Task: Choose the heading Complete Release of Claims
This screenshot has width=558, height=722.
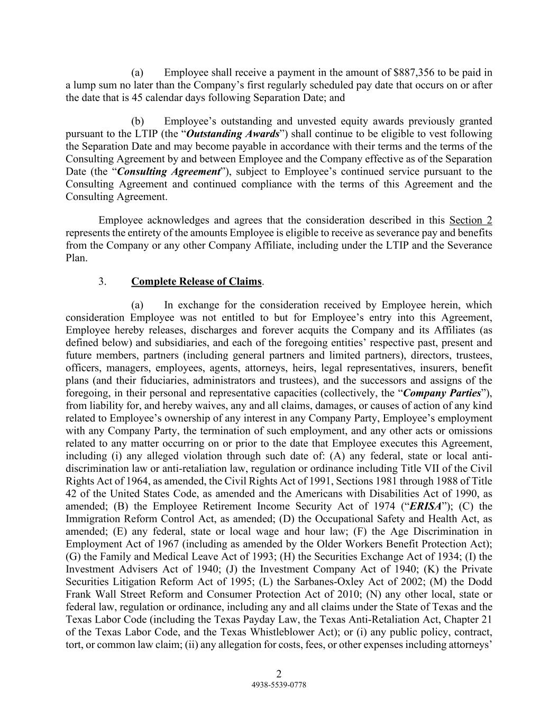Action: pyautogui.click(x=196, y=281)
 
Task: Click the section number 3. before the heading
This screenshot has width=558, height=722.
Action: pyautogui.click(x=103, y=281)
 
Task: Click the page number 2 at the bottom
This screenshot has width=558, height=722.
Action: pyautogui.click(x=279, y=673)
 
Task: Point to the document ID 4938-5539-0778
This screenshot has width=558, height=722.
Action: pyautogui.click(x=279, y=684)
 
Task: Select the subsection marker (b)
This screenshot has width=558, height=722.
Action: pyautogui.click(x=138, y=121)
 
